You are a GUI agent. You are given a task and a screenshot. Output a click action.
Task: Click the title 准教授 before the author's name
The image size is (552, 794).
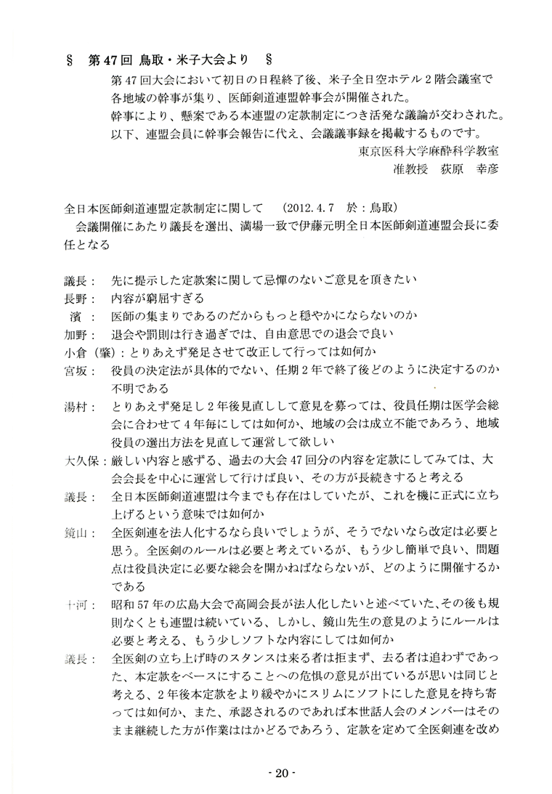click(x=409, y=170)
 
